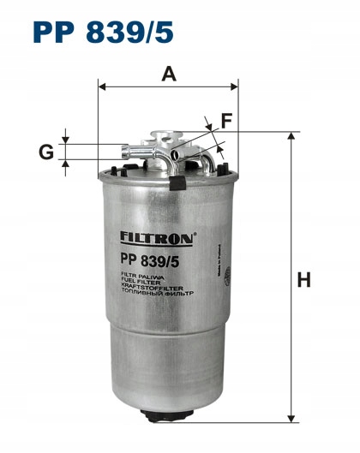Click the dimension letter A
[169, 75]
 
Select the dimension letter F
[226, 122]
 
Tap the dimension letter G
[46, 152]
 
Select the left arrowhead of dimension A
[102, 86]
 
